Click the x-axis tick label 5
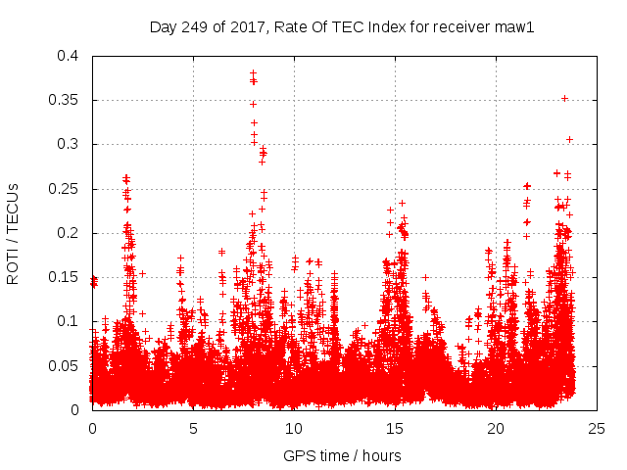194,428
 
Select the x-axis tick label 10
294,428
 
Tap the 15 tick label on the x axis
395,428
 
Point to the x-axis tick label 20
496,428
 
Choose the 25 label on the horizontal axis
597,428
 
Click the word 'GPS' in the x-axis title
298,455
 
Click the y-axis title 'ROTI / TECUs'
13,233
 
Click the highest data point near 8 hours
253,73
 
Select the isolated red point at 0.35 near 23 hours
564,98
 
